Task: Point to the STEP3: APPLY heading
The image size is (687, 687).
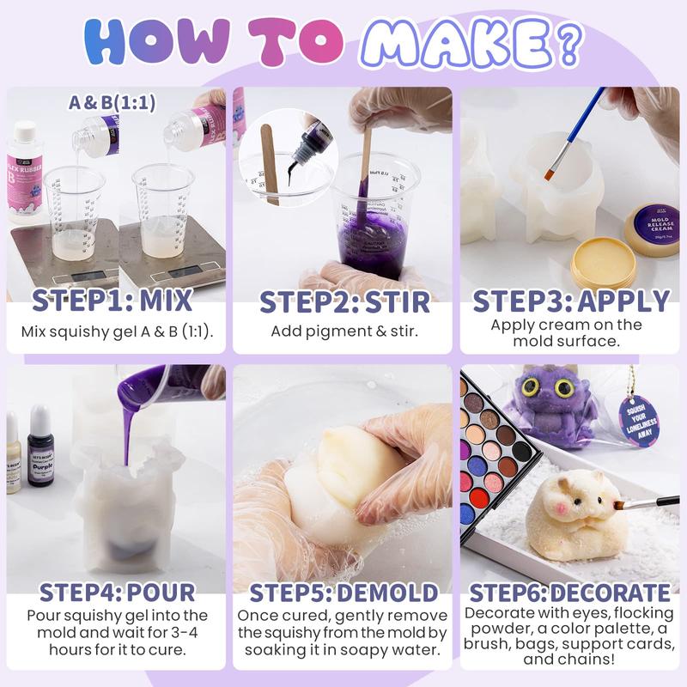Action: (570, 301)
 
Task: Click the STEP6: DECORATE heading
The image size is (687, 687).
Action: (570, 592)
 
